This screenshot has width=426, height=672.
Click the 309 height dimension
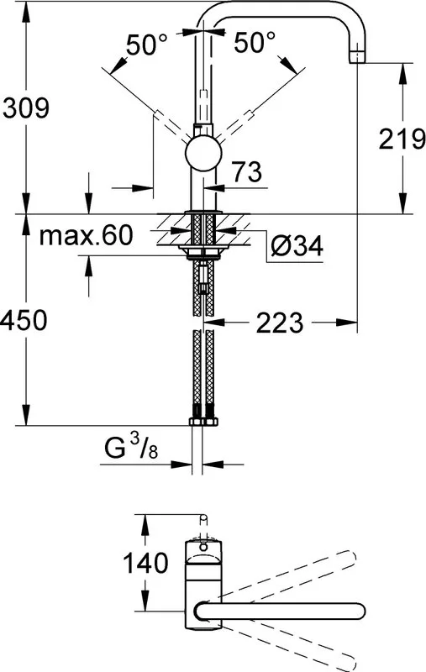pyautogui.click(x=26, y=108)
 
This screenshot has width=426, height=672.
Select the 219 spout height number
pyautogui.click(x=402, y=139)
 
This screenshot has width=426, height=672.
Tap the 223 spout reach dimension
pyautogui.click(x=280, y=323)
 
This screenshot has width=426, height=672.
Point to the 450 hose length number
pyautogui.click(x=24, y=320)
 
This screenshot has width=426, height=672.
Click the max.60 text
pyautogui.click(x=87, y=235)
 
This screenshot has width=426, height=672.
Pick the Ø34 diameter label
pyautogui.click(x=297, y=245)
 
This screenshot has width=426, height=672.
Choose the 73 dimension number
pyautogui.click(x=247, y=172)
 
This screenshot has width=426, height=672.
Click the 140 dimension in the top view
pyautogui.click(x=145, y=563)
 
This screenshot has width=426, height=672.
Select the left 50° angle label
pyautogui.click(x=146, y=44)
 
